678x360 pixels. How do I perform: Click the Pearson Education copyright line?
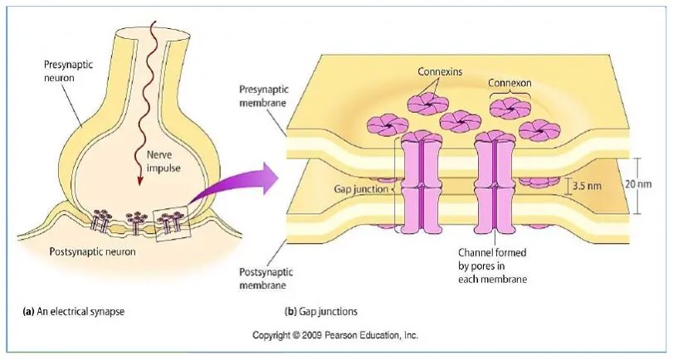(335, 336)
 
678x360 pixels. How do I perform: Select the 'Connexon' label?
(509, 84)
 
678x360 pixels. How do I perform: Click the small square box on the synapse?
(174, 220)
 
